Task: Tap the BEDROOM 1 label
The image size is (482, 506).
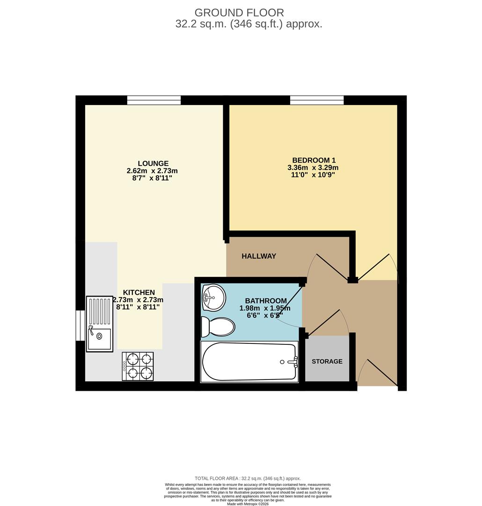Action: (x=314, y=160)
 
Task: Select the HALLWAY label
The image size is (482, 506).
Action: (x=259, y=256)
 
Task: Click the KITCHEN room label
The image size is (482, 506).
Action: (x=139, y=292)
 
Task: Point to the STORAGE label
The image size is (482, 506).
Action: (x=327, y=361)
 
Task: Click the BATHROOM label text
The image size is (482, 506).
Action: (x=265, y=301)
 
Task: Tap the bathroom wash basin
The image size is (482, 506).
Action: (x=213, y=297)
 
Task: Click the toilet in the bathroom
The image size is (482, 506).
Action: (x=217, y=327)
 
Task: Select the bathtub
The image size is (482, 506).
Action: (x=249, y=362)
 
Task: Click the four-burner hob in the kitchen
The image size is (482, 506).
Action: (x=138, y=366)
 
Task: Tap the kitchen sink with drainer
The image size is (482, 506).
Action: (x=100, y=324)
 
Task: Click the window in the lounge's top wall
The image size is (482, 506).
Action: (x=154, y=100)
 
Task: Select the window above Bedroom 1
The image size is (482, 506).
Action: (x=317, y=100)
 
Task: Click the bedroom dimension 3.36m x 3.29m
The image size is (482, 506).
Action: (x=313, y=167)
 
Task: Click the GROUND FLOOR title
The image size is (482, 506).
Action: (x=239, y=13)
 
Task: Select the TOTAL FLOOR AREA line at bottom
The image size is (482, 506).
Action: (x=248, y=478)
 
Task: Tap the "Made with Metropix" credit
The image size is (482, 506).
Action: (x=248, y=504)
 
